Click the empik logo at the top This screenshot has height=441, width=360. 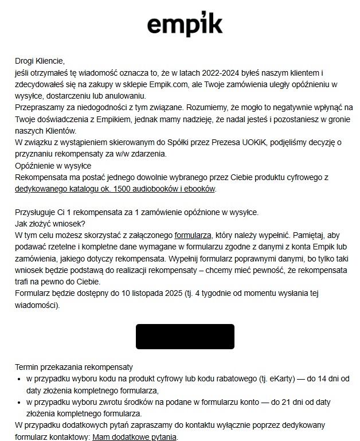coord(185,25)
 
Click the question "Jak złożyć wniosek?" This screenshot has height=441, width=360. coord(50,224)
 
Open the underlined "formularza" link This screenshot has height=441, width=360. coord(193,236)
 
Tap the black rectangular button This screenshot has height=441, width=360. coord(185,336)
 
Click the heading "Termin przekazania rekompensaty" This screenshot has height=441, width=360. coord(74,367)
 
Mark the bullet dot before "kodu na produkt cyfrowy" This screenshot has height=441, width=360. coord(20,379)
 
